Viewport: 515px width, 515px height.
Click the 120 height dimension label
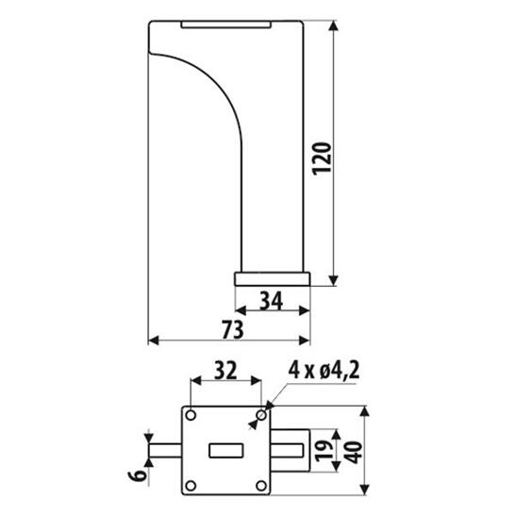coord(322,158)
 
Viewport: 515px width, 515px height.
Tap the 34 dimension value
coord(272,301)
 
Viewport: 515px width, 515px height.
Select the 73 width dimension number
coord(233,329)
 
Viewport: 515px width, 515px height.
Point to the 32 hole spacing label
coord(225,370)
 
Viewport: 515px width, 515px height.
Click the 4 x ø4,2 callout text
coord(324,370)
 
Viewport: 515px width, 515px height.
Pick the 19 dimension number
coord(324,451)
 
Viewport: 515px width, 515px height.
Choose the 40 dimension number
coord(354,452)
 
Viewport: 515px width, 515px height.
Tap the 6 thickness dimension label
coord(138,475)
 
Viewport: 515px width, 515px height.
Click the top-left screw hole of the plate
coord(191,415)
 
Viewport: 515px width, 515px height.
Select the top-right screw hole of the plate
coord(262,415)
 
